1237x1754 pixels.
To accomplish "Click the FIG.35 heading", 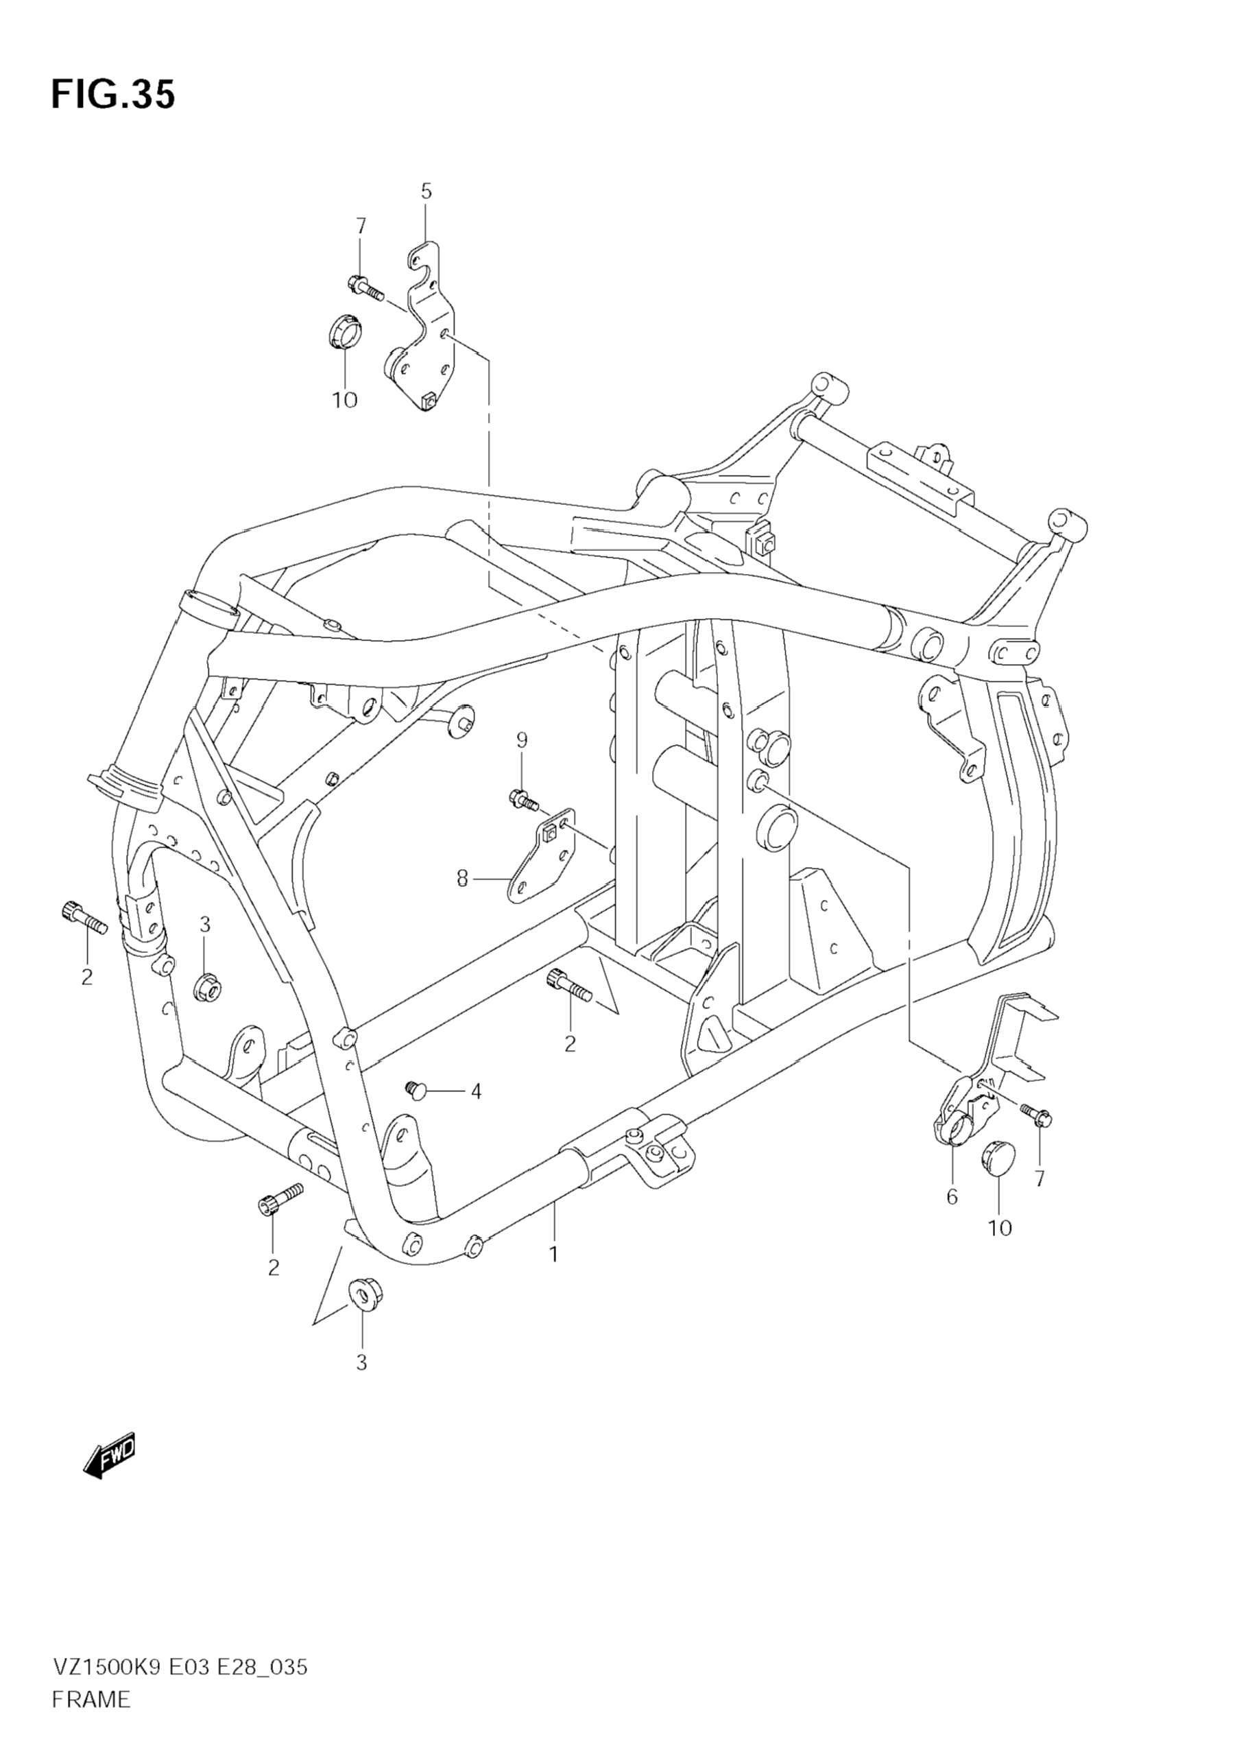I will click(113, 95).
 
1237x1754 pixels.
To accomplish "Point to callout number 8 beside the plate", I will click(462, 879).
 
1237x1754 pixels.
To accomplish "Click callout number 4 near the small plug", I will click(476, 1091).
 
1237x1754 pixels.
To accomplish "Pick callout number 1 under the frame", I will click(553, 1254).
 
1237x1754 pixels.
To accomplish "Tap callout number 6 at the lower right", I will click(952, 1197).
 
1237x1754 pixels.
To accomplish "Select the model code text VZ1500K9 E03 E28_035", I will click(180, 1682).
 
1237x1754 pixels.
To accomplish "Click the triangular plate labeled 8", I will click(542, 855).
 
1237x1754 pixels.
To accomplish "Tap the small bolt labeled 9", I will click(523, 800).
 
